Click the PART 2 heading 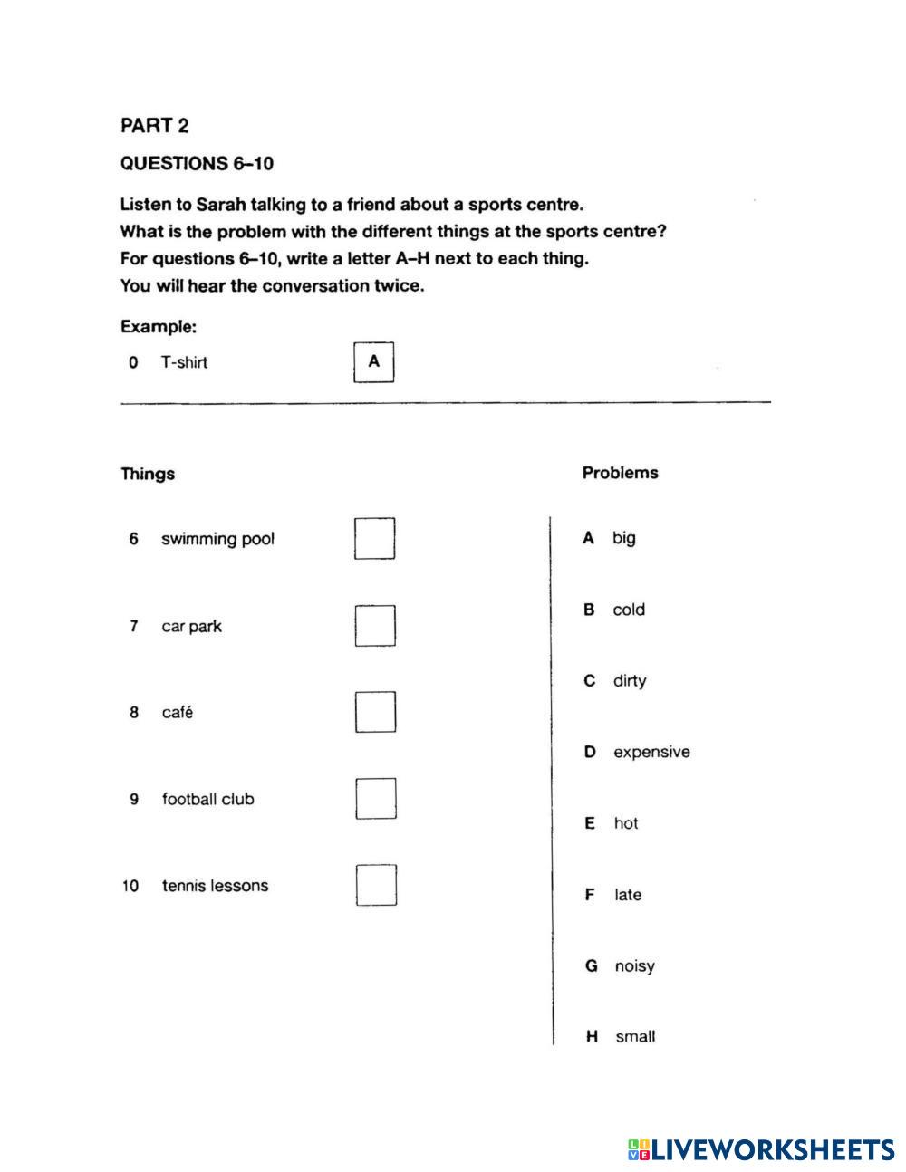[154, 126]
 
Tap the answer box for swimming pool [374, 539]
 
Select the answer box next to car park [374, 626]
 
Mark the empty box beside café [374, 712]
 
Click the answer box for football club [375, 799]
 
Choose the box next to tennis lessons [375, 885]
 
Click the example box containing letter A [373, 362]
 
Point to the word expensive [651, 752]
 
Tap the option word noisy [634, 965]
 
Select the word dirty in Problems [629, 680]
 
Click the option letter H [592, 1036]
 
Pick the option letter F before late [590, 895]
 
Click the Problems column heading [620, 473]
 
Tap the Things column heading [148, 474]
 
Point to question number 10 [130, 886]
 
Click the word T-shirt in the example [184, 362]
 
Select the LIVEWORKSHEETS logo [760, 1149]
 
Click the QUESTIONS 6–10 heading [197, 164]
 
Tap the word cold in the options [628, 610]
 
